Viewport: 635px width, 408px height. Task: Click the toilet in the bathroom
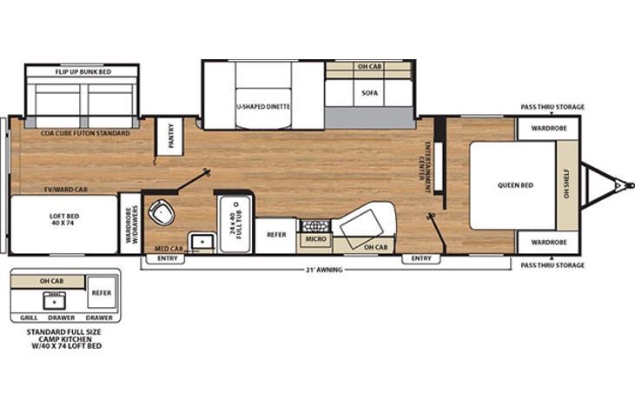(x=162, y=212)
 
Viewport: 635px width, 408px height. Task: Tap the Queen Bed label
(x=515, y=185)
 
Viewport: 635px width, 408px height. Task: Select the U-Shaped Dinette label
(x=263, y=107)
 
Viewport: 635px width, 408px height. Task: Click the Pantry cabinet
(x=170, y=137)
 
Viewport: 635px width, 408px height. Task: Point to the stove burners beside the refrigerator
(x=314, y=225)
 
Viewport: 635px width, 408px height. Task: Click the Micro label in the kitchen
(x=316, y=239)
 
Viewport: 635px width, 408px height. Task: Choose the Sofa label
(x=369, y=93)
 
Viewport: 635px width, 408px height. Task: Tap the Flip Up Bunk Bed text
(x=83, y=72)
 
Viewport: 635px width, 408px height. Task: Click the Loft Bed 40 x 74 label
(x=64, y=219)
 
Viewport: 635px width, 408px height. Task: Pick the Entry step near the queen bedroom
(x=421, y=258)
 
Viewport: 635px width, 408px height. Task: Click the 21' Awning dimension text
(x=324, y=270)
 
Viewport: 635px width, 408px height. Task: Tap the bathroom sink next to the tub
(x=202, y=242)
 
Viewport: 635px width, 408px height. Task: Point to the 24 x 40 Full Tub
(x=235, y=224)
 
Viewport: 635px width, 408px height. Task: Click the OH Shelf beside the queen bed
(x=567, y=185)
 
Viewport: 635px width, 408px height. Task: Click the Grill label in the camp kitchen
(x=29, y=318)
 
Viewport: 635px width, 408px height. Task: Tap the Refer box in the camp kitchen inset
(x=102, y=293)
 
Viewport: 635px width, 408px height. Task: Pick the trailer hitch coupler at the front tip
(x=628, y=185)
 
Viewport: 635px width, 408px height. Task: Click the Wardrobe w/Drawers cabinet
(x=131, y=224)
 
